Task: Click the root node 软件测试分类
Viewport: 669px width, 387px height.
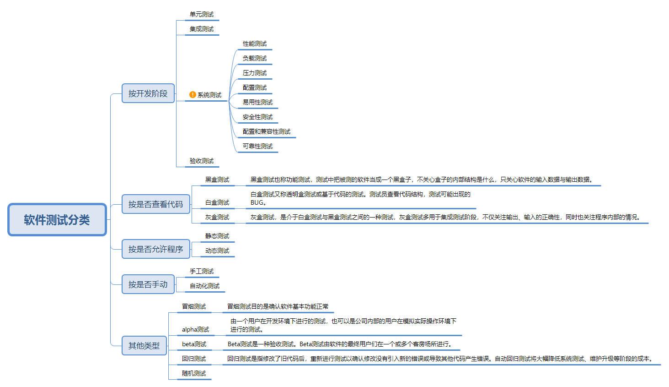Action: tap(57, 220)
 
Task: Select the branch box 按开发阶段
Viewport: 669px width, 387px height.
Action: tap(148, 93)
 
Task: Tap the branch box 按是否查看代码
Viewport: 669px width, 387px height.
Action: tap(155, 204)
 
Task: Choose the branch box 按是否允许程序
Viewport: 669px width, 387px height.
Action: tap(155, 249)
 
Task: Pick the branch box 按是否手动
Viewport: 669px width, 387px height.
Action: tap(148, 284)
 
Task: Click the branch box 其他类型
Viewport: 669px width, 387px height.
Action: tap(144, 346)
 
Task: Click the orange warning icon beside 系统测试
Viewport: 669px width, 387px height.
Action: tap(193, 95)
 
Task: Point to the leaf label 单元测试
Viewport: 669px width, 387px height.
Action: tap(202, 15)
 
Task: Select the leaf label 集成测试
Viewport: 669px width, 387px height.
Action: tap(202, 29)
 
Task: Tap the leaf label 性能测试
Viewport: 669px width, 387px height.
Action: tap(255, 44)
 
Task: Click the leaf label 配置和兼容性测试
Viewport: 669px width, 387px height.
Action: tap(267, 132)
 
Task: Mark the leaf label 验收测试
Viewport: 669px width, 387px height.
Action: tap(202, 161)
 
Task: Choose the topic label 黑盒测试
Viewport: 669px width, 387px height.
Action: tap(217, 180)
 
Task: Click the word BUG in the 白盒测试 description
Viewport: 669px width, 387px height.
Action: tap(257, 203)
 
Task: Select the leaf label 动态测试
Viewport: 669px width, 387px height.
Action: tap(217, 251)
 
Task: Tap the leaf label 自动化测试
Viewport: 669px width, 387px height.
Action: tap(205, 286)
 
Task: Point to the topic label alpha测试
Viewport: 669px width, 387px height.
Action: tap(195, 330)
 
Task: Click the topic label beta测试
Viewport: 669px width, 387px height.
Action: tap(194, 344)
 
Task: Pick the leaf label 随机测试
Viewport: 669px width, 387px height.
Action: tap(194, 374)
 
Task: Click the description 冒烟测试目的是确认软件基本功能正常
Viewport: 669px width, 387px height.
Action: tap(278, 307)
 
